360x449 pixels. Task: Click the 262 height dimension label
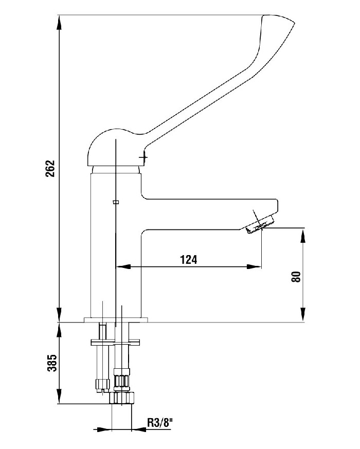(x=50, y=168)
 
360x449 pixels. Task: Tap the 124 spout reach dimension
(x=188, y=260)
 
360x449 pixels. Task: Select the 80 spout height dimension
(x=296, y=277)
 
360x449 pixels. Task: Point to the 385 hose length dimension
(x=52, y=363)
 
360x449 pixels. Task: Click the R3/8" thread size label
(x=160, y=422)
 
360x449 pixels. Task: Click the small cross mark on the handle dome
(x=143, y=157)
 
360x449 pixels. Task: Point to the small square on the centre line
(x=116, y=202)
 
